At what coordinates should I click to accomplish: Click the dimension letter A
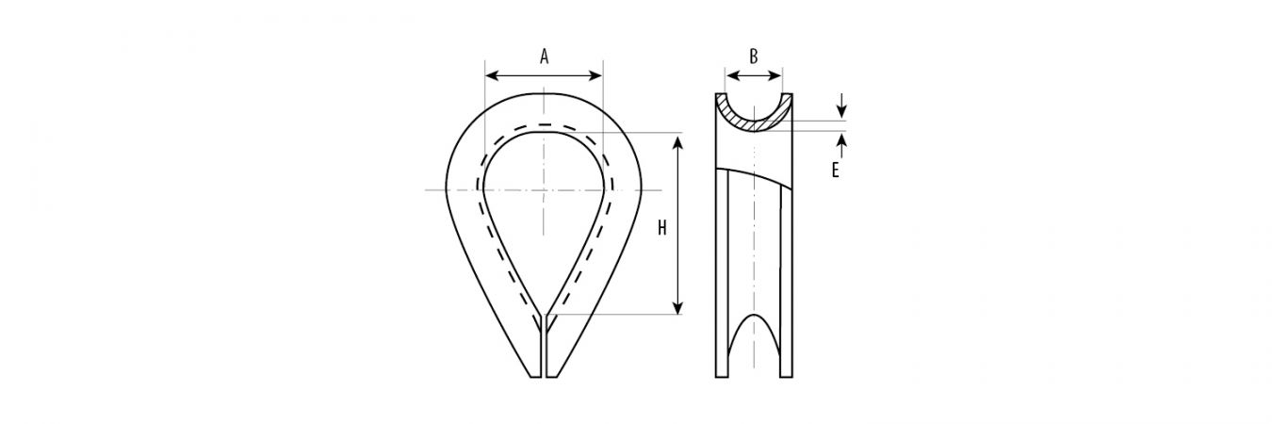pyautogui.click(x=544, y=57)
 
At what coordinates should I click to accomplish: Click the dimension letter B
pyautogui.click(x=754, y=57)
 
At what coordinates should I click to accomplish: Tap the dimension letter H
pyautogui.click(x=661, y=228)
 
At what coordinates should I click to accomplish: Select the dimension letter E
pyautogui.click(x=835, y=171)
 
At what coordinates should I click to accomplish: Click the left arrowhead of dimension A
pyautogui.click(x=492, y=75)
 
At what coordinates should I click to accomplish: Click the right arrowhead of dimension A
pyautogui.click(x=596, y=75)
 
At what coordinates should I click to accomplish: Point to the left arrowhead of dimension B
pyautogui.click(x=732, y=75)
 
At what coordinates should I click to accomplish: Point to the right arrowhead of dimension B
pyautogui.click(x=775, y=75)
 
